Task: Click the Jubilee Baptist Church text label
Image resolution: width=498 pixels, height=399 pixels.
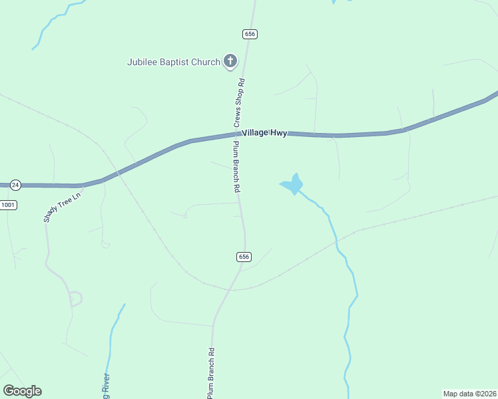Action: pos(174,62)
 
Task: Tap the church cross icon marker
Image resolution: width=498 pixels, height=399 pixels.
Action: pos(230,62)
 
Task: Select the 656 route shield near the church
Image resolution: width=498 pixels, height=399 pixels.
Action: pos(250,35)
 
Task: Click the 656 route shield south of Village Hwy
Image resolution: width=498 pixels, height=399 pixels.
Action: pos(244,257)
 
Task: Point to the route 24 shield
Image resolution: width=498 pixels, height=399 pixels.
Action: pos(16,184)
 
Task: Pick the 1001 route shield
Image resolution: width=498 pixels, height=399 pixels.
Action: pos(8,205)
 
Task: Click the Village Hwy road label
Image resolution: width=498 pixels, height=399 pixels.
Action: pos(264,133)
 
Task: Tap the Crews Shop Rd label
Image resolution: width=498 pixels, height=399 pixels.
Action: pos(239,103)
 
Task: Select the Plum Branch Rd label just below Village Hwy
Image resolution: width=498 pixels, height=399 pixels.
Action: pos(236,167)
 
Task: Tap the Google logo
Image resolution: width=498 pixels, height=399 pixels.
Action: pos(22,391)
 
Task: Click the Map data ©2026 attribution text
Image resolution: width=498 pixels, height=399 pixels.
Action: pos(469,394)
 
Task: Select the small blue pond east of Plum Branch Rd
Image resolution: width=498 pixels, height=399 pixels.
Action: pos(292,184)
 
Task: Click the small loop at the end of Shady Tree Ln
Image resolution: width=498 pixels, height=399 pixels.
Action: pos(75,299)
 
